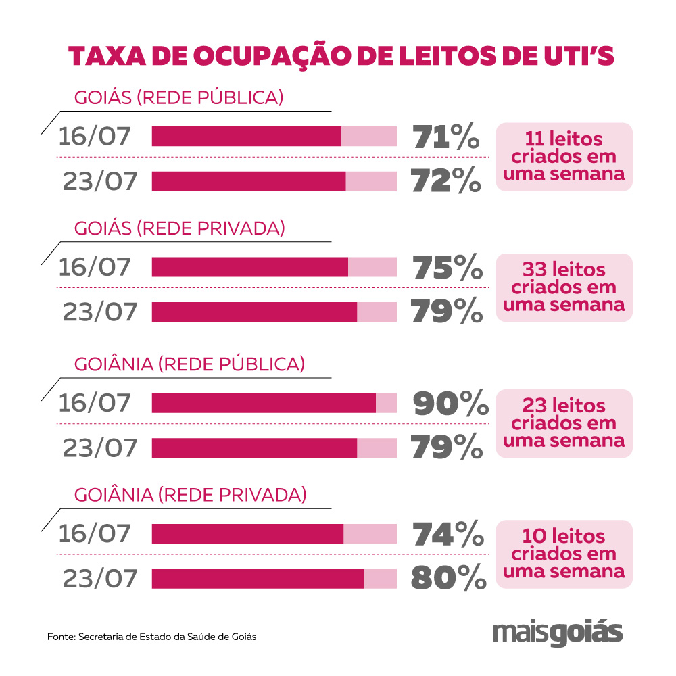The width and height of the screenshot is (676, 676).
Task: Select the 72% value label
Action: coord(446,181)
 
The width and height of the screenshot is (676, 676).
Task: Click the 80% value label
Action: coord(449,579)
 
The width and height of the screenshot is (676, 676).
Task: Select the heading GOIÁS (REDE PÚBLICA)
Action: coord(178,97)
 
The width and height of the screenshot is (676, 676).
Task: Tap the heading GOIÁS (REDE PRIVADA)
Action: coord(179,228)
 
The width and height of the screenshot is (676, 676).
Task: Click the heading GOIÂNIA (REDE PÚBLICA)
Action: coord(189,364)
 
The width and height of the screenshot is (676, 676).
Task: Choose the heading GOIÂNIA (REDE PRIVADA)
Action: coord(190,495)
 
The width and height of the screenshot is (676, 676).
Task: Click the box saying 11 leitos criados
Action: coord(564,157)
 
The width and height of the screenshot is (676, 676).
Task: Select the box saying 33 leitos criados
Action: coord(564,287)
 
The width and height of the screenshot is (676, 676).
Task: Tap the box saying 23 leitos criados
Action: coord(564,423)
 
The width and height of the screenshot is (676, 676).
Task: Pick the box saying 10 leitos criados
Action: coord(564,554)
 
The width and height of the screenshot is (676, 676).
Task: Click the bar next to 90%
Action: coord(274,403)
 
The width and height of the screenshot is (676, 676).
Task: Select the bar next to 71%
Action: coord(274,137)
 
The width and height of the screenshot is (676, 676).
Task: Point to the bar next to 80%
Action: coord(274,579)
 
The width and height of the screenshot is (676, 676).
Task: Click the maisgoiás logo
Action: coord(558,633)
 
